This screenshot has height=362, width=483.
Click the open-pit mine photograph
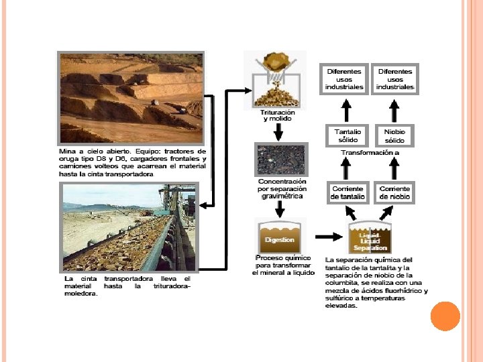(131, 98)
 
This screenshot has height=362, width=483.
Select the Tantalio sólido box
(347, 136)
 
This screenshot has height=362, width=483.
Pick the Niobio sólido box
(395, 136)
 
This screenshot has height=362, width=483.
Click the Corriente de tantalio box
(347, 193)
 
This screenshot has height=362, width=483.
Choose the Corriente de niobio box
(395, 193)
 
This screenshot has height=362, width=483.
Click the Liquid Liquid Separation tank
(370, 238)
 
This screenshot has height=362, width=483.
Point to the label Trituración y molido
(278, 115)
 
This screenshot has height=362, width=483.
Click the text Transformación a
(370, 153)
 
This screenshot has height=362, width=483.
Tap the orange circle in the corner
(445, 316)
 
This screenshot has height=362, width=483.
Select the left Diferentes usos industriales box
(344, 79)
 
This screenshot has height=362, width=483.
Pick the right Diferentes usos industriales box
(395, 79)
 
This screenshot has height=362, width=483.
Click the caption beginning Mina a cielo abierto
(133, 162)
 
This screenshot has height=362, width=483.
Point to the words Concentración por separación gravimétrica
(282, 188)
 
